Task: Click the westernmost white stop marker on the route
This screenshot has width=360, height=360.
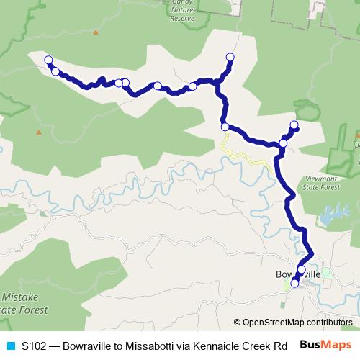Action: [x=48, y=60]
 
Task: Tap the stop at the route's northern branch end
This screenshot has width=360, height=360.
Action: [x=230, y=57]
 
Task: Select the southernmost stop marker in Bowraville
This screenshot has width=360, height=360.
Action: [x=294, y=284]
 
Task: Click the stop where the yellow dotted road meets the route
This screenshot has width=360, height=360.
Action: [x=225, y=127]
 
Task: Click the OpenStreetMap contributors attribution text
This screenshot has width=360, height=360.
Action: [x=293, y=322]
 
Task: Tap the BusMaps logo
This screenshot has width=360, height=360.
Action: [x=325, y=345]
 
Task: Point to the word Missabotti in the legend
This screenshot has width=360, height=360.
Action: [x=145, y=346]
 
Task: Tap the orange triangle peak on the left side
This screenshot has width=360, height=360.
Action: [x=38, y=132]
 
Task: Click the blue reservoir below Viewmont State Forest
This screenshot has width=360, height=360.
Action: [x=332, y=214]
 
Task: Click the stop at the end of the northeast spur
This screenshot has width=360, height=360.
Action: [x=294, y=125]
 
